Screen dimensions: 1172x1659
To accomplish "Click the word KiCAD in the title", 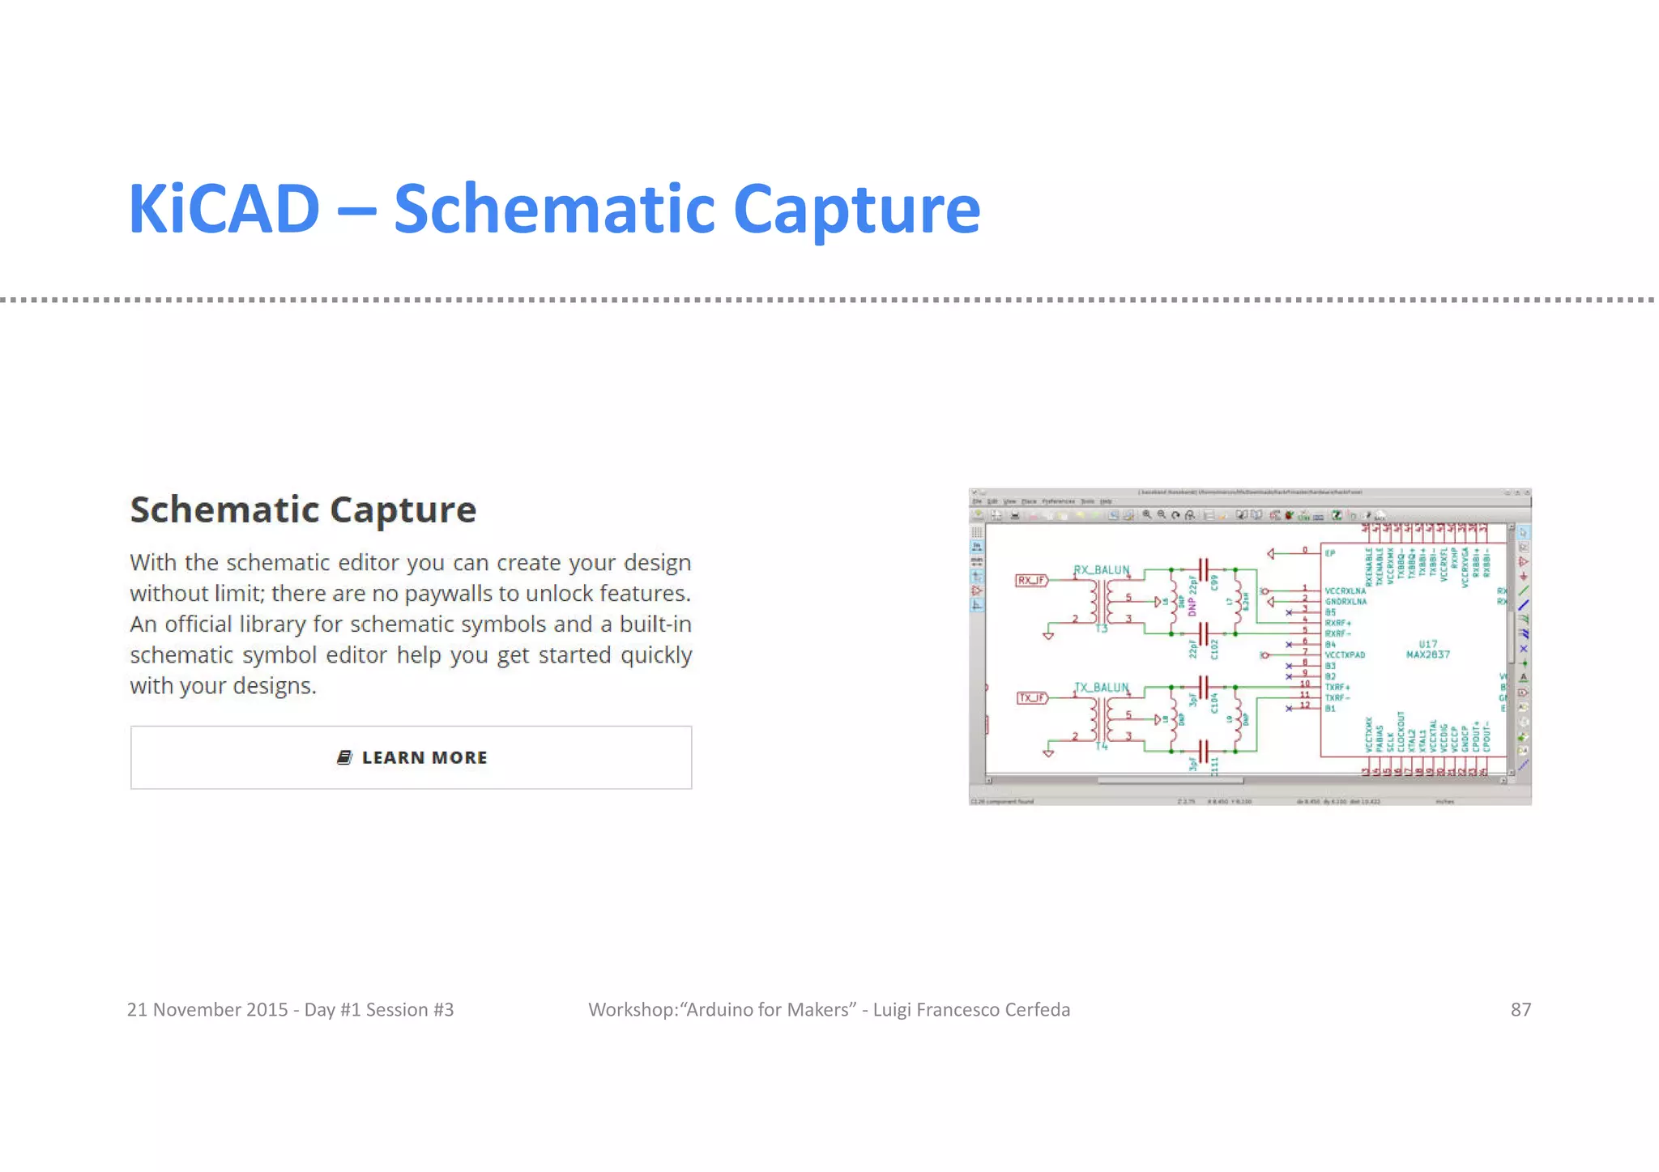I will [224, 210].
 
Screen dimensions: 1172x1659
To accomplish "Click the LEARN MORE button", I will [411, 757].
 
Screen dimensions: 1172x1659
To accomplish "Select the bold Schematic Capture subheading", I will [303, 510].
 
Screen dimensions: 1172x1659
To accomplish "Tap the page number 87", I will [1520, 1009].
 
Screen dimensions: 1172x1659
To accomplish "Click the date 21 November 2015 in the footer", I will [207, 1009].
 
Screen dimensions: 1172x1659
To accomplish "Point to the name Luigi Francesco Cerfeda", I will [971, 1009].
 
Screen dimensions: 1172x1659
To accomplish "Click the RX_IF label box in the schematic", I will [1031, 580].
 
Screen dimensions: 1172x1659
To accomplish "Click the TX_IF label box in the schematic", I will [1031, 697].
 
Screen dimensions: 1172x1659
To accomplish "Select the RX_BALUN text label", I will [1101, 569].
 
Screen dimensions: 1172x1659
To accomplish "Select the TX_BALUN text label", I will [1101, 687].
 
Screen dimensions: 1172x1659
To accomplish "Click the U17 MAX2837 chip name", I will [1427, 650].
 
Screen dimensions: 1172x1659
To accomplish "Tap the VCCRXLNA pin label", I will [1345, 591].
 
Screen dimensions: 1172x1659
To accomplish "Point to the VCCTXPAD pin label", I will [1345, 654].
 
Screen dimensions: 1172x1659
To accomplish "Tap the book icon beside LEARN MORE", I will [344, 757].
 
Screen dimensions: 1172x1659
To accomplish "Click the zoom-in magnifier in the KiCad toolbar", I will [1146, 515].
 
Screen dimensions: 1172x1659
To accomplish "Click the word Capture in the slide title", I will [856, 210].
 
